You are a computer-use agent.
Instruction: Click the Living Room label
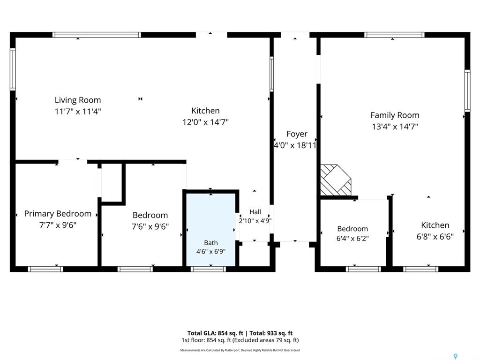tap(78, 100)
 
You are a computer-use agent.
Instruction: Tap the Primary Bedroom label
tap(58, 214)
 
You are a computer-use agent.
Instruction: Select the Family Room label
tap(395, 115)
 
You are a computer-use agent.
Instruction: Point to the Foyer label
tap(297, 134)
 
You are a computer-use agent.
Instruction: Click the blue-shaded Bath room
tap(211, 230)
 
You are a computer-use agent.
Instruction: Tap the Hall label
tap(255, 212)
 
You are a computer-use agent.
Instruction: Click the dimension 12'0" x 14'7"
tap(206, 122)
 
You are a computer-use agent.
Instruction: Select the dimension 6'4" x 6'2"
tap(352, 239)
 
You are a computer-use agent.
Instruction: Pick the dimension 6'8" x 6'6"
tap(435, 237)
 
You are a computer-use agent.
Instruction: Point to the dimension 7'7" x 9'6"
tap(58, 225)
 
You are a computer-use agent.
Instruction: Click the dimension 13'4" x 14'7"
tap(395, 127)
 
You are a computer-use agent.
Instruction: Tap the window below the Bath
tap(209, 269)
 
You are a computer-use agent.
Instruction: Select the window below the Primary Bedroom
tap(45, 269)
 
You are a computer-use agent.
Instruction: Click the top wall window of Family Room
tap(394, 35)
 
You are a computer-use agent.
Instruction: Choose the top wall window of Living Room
tap(97, 35)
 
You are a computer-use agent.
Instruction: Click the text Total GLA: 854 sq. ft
tap(215, 333)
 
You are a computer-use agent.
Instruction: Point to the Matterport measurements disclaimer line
tap(240, 350)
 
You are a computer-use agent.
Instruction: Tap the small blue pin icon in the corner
tap(456, 356)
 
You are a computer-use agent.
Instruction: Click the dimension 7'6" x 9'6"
tap(150, 227)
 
